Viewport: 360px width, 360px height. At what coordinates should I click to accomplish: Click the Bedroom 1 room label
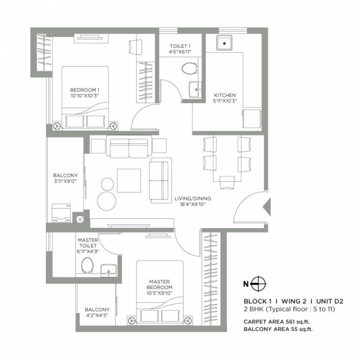[85, 90]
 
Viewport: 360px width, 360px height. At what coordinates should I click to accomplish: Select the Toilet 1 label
[180, 46]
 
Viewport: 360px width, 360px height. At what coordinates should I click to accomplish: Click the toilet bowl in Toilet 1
[189, 68]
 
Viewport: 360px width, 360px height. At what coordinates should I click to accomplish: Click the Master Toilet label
[88, 243]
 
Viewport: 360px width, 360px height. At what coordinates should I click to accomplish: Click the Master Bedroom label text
[159, 285]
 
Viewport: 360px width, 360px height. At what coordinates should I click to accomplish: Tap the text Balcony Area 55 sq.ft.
[278, 329]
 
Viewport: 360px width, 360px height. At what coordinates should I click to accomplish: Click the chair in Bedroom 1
[134, 47]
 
